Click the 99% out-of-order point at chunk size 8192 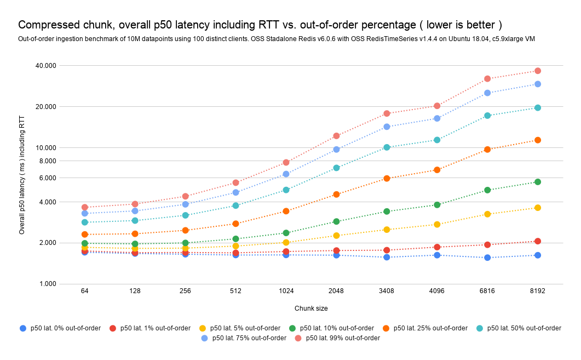537,71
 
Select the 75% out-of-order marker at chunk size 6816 487,93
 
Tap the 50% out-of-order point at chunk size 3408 387,147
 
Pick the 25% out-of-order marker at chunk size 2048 336,195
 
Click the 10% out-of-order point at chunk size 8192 537,182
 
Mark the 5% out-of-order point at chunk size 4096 437,225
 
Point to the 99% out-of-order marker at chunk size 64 85,208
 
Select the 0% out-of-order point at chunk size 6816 487,258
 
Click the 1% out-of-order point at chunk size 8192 537,241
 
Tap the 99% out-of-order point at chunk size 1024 286,162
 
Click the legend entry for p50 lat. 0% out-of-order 60,328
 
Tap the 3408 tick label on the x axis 387,291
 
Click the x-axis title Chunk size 311,308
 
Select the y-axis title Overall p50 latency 22,175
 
